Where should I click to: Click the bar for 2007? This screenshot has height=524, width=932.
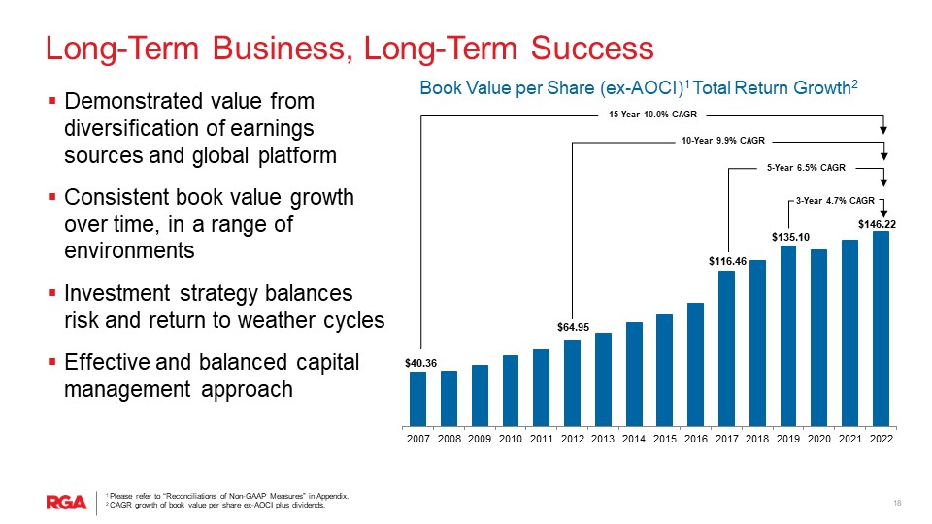tap(418, 399)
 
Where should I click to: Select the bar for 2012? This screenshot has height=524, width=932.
tap(573, 382)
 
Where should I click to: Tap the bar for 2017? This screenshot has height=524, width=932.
tap(726, 348)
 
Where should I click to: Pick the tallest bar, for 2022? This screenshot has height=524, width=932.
tap(881, 328)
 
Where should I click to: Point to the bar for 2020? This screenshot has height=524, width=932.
tap(818, 338)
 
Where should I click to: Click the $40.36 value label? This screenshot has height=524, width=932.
tap(419, 363)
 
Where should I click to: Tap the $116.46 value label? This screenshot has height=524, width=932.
tap(726, 261)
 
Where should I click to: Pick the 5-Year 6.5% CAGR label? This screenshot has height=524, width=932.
tap(806, 168)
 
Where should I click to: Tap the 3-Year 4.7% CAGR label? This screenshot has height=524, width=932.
tap(835, 201)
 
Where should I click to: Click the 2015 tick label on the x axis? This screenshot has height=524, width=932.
tap(665, 439)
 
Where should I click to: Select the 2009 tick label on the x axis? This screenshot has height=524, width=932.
tap(480, 439)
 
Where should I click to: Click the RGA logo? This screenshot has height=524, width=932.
tap(66, 501)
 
